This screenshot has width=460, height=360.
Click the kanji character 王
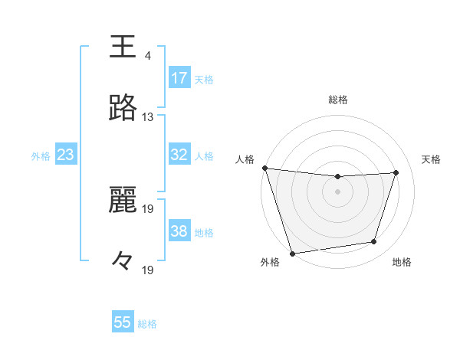tap(123, 46)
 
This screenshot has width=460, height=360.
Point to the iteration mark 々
tap(123, 260)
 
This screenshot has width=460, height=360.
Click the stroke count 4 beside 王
tap(147, 56)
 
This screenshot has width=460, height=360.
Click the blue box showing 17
tap(179, 78)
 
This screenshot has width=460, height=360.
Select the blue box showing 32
tap(179, 155)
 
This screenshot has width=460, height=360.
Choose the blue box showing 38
tap(179, 231)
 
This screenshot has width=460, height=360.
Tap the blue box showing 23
tap(65, 155)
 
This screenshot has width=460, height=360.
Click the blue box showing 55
tap(123, 322)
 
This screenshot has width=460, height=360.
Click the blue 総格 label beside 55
tap(147, 324)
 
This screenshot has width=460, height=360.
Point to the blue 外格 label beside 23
tap(41, 156)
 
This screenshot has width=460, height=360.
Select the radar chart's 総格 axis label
tap(338, 100)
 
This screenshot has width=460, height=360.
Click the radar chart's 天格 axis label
tap(432, 159)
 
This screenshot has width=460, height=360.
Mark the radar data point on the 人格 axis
tap(264, 168)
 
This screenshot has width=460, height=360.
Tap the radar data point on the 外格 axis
tap(292, 253)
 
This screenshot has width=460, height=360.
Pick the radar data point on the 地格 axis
tap(374, 242)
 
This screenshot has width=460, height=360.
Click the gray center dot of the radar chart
tap(337, 191)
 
